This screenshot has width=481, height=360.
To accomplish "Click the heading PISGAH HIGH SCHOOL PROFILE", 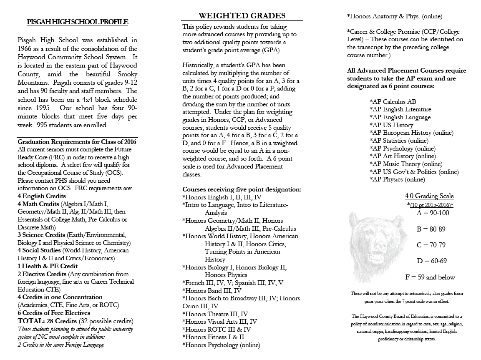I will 78,22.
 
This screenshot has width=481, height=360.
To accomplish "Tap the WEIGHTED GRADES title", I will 242,16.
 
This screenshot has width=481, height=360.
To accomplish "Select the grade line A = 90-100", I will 433,213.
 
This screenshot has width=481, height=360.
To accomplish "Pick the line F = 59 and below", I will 430,277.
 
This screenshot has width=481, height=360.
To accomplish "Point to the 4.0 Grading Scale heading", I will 429,196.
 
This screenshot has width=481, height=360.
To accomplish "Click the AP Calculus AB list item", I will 393,102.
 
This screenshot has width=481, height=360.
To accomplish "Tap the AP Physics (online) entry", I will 397,180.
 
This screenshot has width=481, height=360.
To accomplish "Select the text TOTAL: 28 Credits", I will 47,321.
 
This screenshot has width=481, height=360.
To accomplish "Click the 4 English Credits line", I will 42,196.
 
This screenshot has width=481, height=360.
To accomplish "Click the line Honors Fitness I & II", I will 213,337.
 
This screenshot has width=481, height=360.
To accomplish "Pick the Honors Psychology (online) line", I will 221,345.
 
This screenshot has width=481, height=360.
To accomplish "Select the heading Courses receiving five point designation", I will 242,189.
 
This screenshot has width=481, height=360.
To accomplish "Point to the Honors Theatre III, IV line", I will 215,314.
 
